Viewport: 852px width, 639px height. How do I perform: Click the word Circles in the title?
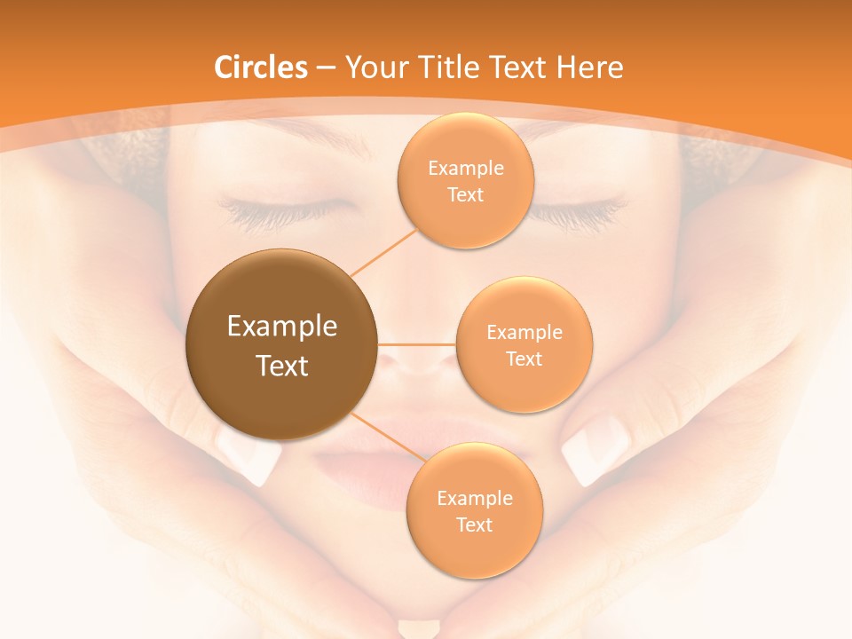click(261, 67)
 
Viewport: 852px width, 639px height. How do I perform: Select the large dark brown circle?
click(281, 343)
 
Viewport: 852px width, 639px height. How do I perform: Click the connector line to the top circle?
click(383, 252)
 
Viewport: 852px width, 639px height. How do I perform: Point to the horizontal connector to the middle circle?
click(416, 343)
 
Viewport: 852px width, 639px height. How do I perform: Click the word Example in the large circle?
click(282, 327)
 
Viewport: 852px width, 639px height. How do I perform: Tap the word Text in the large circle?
click(282, 365)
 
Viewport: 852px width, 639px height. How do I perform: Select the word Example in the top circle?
click(466, 169)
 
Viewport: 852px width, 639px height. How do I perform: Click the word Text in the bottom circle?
click(475, 525)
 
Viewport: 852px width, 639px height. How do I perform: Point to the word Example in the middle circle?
click(525, 333)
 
